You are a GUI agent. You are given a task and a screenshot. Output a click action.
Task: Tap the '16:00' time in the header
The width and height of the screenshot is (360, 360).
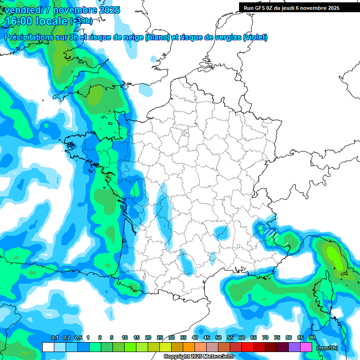click(19, 21)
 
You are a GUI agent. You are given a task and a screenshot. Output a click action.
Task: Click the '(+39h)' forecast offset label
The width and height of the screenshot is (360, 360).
click(81, 21)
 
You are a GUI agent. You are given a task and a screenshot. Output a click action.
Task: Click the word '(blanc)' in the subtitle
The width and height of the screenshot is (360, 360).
click(157, 37)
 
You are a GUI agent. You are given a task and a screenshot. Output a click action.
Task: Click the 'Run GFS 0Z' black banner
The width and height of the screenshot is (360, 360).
click(292, 7)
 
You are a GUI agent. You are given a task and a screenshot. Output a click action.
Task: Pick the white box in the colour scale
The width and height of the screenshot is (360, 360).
click(48, 347)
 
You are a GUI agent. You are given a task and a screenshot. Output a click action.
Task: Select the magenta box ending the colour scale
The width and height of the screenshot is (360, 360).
click(306, 347)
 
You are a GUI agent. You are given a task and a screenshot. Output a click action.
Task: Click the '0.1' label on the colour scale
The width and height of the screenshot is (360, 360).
click(54, 337)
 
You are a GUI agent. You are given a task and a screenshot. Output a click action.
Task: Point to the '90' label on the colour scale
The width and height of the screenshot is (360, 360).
click(312, 337)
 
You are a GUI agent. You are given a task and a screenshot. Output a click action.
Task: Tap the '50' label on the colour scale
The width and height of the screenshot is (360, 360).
click(218, 337)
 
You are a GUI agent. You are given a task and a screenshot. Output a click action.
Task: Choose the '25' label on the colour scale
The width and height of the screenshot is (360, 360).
click(160, 337)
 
